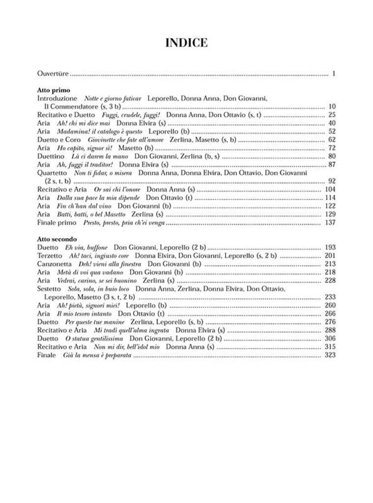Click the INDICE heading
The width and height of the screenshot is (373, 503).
tap(186, 43)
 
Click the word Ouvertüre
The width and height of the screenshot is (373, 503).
tap(53, 74)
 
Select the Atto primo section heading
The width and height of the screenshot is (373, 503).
tap(54, 90)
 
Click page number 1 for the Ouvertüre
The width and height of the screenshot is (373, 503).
tap(333, 74)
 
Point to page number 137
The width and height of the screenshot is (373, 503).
tap(330, 223)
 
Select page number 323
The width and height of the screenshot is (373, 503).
tap(330, 355)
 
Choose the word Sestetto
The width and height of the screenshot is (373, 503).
tap(49, 289)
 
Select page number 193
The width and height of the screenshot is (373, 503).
tap(330, 247)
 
